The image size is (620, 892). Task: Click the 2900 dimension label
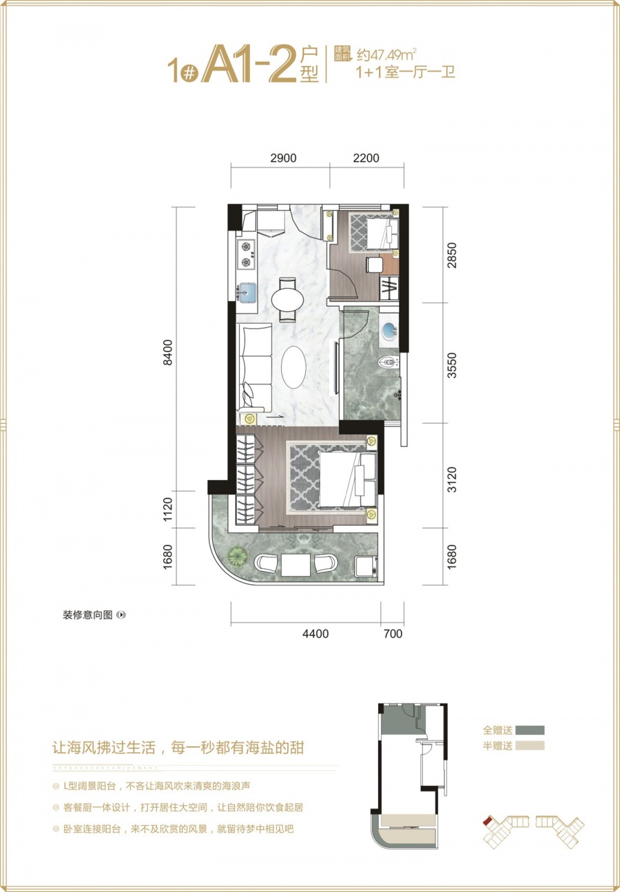coord(282,158)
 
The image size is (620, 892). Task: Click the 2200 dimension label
coord(366,158)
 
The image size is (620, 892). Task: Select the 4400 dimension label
coord(315,634)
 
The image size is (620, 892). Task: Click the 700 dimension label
coord(392,634)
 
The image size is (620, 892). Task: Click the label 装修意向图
coord(87,615)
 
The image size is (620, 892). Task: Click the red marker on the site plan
coord(487,820)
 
